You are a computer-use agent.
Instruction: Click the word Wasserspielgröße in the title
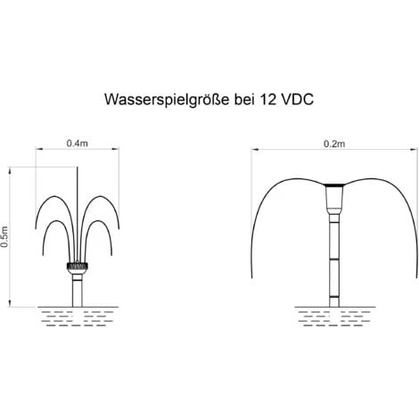(167, 100)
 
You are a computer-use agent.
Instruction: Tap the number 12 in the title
(267, 99)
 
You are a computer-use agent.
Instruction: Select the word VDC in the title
(297, 99)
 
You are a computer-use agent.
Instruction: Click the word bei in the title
(244, 99)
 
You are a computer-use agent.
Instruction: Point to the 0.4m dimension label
(78, 144)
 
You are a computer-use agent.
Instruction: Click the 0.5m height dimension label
(4, 237)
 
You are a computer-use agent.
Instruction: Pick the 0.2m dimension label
(334, 144)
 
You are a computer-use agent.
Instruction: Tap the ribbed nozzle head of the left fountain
(78, 266)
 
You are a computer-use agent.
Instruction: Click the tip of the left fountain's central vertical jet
(78, 167)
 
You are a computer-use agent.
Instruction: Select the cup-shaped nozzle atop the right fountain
(334, 196)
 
